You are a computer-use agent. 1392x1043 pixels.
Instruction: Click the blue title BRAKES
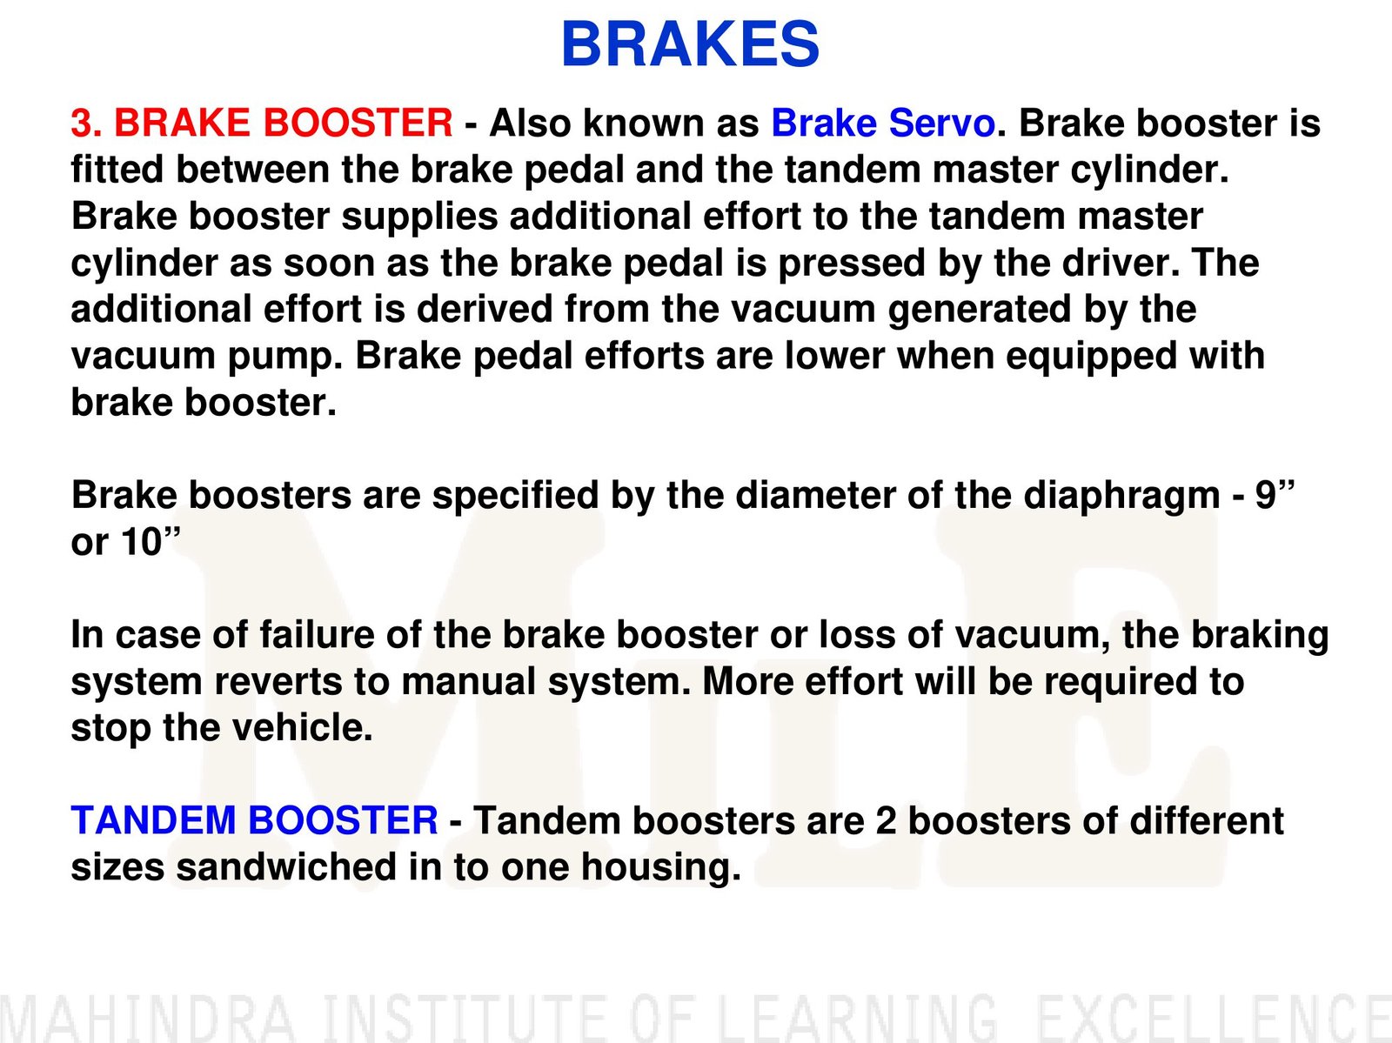click(690, 43)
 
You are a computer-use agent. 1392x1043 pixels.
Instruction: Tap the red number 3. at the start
click(87, 123)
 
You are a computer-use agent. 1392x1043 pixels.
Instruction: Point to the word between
click(252, 170)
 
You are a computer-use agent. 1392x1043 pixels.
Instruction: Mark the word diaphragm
click(1121, 495)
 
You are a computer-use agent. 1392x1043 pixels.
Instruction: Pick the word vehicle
click(302, 728)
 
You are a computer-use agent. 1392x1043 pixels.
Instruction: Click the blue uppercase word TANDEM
click(153, 820)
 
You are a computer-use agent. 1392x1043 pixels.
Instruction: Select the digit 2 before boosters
click(886, 820)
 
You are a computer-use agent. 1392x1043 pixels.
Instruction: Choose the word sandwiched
click(286, 866)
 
